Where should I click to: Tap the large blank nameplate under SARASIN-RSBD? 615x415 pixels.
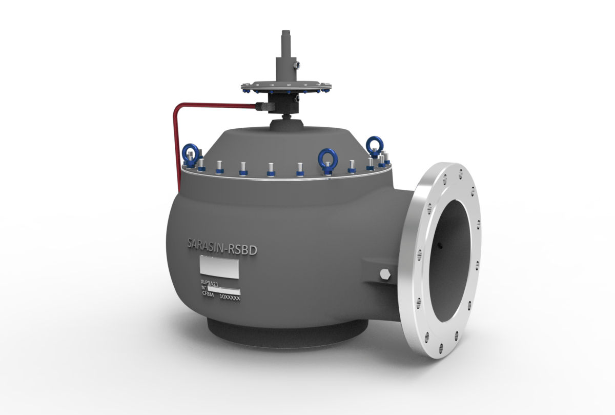click(218, 267)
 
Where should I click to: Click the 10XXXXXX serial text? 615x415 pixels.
click(230, 297)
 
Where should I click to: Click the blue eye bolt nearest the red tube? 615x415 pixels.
click(191, 154)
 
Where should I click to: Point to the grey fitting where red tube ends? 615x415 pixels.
click(262, 106)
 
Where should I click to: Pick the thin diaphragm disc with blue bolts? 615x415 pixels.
click(285, 86)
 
